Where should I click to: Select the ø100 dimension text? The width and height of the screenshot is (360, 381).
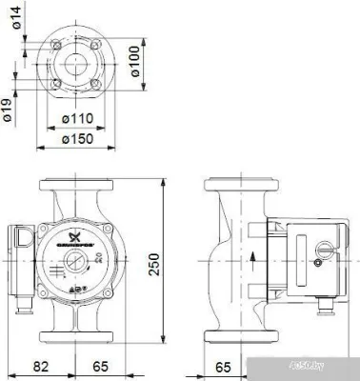tap(136, 62)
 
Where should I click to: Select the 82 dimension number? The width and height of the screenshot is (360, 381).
tap(41, 366)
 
